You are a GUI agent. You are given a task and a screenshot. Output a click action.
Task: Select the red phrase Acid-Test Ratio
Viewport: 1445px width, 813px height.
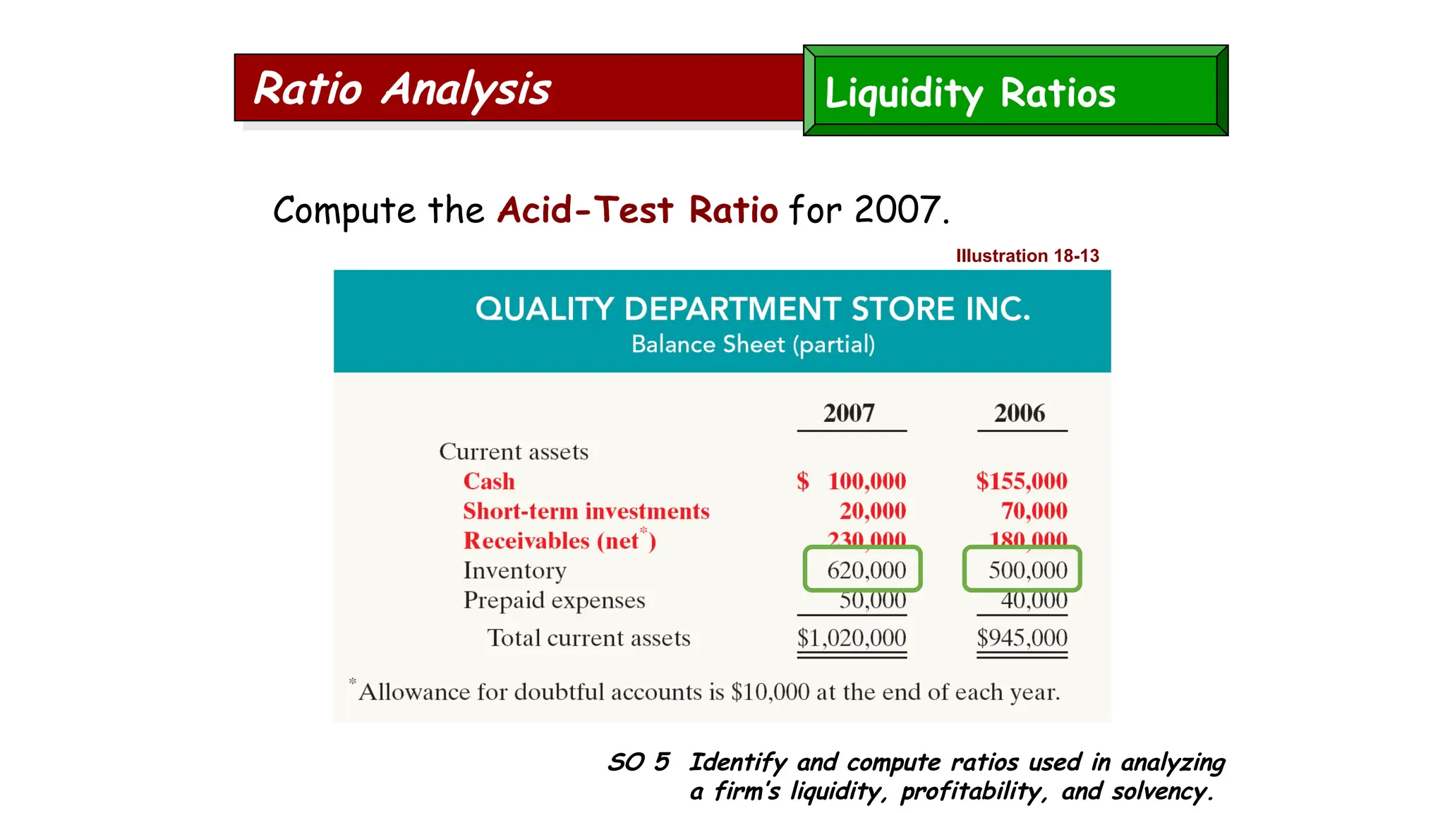click(637, 210)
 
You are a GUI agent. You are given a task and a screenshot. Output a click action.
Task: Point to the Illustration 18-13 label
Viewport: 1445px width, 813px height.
click(1027, 255)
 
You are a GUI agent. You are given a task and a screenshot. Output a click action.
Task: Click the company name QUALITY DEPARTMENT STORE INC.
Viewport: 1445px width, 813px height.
click(752, 309)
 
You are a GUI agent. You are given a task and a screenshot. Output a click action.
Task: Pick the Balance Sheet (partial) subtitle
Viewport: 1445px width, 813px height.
click(752, 344)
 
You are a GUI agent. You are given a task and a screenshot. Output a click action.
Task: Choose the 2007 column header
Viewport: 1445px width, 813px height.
click(849, 413)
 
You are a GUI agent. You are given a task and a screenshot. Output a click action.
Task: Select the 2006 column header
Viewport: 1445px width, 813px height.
click(1020, 413)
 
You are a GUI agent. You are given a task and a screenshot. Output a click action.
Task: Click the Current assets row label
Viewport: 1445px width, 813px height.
click(513, 452)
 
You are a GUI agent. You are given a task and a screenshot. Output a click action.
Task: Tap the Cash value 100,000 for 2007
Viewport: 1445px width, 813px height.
click(866, 481)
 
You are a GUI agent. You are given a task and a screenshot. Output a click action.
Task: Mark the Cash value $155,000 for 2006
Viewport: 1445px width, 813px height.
click(1021, 481)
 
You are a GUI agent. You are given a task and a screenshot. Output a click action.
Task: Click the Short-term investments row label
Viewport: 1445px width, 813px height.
click(586, 511)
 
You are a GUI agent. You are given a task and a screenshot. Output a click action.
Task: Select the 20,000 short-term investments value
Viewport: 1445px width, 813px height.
click(872, 511)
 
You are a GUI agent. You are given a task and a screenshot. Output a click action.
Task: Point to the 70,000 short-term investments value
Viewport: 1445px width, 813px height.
click(1034, 511)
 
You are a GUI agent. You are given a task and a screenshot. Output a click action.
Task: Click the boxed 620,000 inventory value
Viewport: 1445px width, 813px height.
click(866, 570)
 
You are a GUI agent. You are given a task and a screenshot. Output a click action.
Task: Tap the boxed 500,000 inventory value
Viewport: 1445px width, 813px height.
click(1027, 570)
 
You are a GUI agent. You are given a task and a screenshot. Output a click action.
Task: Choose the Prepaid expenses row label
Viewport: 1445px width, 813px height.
click(554, 600)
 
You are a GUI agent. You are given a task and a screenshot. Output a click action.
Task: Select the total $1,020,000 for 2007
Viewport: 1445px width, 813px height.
click(851, 637)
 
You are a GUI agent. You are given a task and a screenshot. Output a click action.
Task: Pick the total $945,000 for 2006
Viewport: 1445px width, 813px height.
click(1021, 637)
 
